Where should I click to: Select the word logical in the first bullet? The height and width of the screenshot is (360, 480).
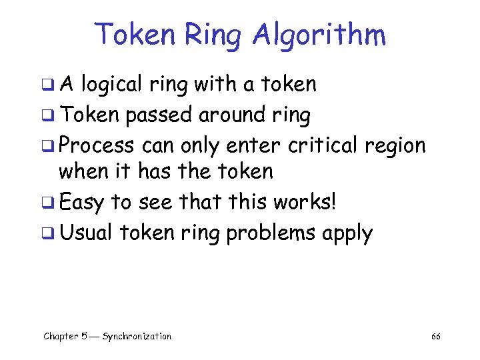[x=121, y=85]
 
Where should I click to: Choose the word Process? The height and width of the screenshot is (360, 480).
[x=96, y=145]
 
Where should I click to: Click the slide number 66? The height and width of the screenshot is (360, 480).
[x=435, y=337]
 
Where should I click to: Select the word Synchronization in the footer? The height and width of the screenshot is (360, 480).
[x=137, y=337]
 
